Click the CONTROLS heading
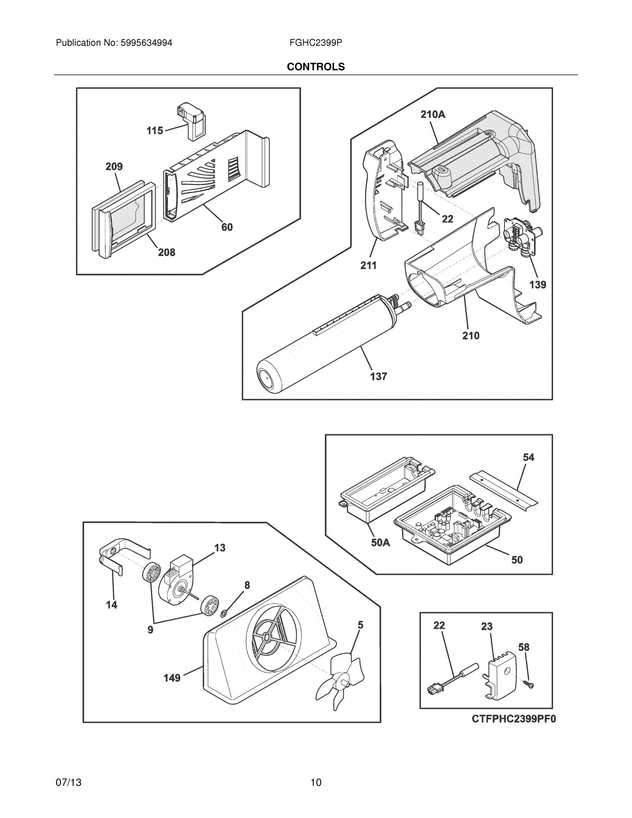pyautogui.click(x=315, y=67)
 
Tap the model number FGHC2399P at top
pyautogui.click(x=315, y=43)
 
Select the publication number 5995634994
pyautogui.click(x=146, y=43)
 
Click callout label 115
pyautogui.click(x=155, y=131)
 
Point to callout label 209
pyautogui.click(x=114, y=166)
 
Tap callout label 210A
pyautogui.click(x=433, y=115)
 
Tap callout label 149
pyautogui.click(x=172, y=678)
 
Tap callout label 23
pyautogui.click(x=487, y=626)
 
